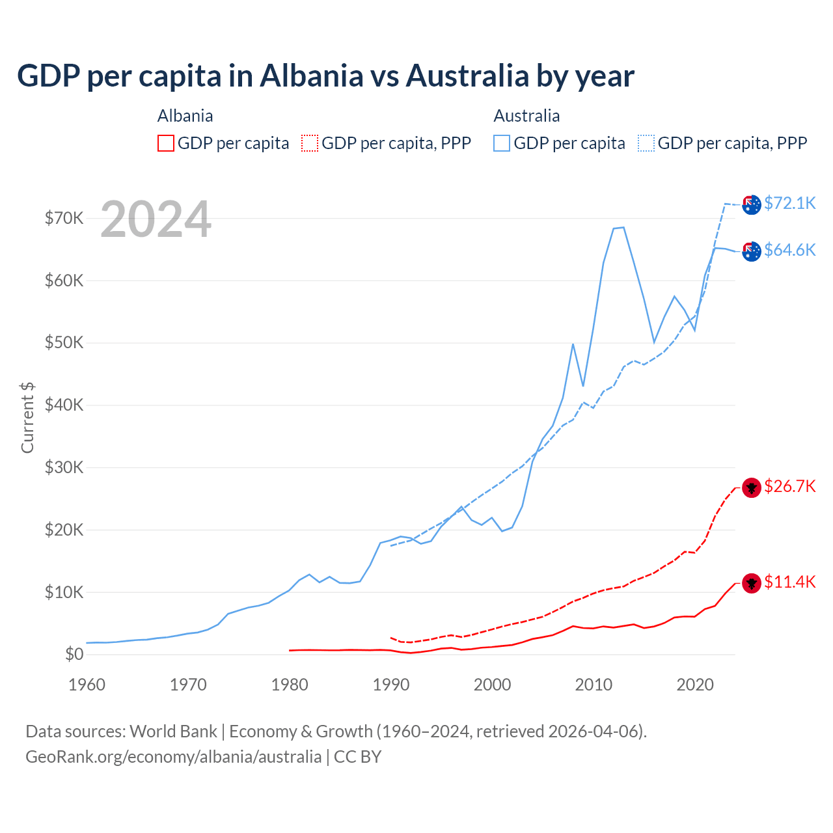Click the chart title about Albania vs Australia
coord(325,75)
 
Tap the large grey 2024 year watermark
coord(156,219)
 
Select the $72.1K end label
coord(789,203)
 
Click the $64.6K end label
coord(789,250)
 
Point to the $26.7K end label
coord(789,486)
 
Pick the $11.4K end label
coord(789,582)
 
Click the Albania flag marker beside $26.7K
coord(752,487)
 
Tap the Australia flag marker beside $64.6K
coord(752,251)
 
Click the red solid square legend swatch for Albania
coord(166,143)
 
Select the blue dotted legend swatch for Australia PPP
coord(646,143)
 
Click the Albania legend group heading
coord(185,116)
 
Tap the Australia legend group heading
coord(526,116)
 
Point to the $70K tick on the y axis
coord(64,218)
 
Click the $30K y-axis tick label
coord(64,467)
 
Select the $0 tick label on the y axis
coord(74,654)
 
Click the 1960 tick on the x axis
coord(87,684)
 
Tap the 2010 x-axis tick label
coord(594,684)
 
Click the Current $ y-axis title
coord(27,417)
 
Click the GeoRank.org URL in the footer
coord(173,756)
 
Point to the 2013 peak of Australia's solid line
coord(623,228)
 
